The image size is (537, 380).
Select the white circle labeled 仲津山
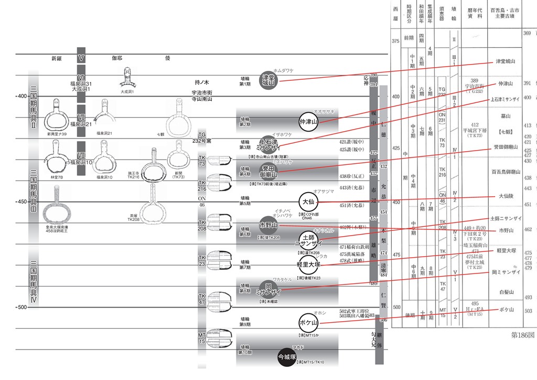tap(309, 122)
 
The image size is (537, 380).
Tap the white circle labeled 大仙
tap(308, 202)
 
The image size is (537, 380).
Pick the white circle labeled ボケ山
tap(309, 321)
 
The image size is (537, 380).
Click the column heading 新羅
tap(57, 58)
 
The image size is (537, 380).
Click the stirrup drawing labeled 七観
tap(176, 118)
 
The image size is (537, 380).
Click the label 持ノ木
tap(201, 82)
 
